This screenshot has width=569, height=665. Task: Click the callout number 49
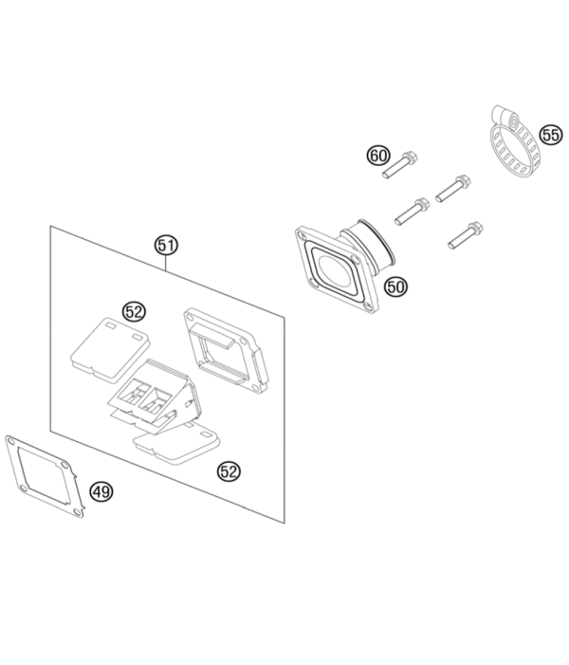[x=101, y=492]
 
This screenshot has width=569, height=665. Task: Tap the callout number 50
[x=395, y=287]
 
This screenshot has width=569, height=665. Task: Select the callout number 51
[x=166, y=245]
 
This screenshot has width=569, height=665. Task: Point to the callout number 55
[x=551, y=136]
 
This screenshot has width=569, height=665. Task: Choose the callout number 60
[x=378, y=156]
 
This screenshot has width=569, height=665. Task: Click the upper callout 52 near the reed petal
[x=134, y=312]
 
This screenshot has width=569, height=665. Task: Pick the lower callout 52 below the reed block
[x=229, y=471]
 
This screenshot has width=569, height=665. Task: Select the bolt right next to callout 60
[x=400, y=165]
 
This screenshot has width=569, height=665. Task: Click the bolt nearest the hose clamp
[x=453, y=188]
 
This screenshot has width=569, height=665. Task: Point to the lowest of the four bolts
[x=466, y=235]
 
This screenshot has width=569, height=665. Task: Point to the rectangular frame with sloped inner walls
[x=227, y=351]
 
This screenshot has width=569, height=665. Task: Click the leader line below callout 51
[x=166, y=265]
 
